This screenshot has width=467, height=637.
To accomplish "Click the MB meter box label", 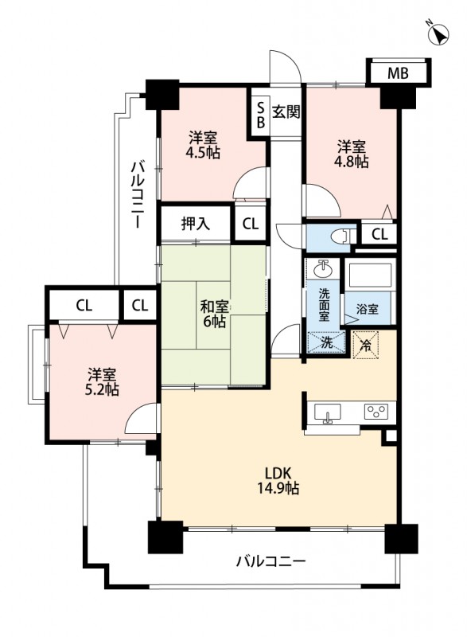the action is pyautogui.click(x=398, y=73).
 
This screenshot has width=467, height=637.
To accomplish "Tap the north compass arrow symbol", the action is pyautogui.click(x=438, y=33).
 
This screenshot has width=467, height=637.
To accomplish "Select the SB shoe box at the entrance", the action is pyautogui.click(x=261, y=115).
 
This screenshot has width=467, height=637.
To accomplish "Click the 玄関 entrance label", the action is pyautogui.click(x=286, y=111).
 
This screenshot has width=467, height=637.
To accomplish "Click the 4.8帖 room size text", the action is pyautogui.click(x=352, y=162).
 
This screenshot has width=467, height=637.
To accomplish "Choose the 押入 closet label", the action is pyautogui.click(x=196, y=224).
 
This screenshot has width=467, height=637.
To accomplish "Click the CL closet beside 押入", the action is pyautogui.click(x=250, y=224).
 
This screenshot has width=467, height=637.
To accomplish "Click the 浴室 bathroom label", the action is pyautogui.click(x=368, y=309).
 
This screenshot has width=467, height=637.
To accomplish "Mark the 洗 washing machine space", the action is pyautogui.click(x=326, y=342).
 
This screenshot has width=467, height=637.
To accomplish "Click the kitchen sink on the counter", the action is pyautogui.click(x=327, y=412).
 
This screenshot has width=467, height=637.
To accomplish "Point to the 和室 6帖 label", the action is pyautogui.click(x=213, y=314).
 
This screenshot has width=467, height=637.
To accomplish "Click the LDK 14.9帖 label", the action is pyautogui.click(x=278, y=480).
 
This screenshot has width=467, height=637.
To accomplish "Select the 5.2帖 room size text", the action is pyautogui.click(x=103, y=389).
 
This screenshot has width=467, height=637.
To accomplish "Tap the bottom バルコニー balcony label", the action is pyautogui.click(x=270, y=561).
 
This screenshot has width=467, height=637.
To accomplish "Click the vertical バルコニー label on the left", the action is pyautogui.click(x=136, y=193).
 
